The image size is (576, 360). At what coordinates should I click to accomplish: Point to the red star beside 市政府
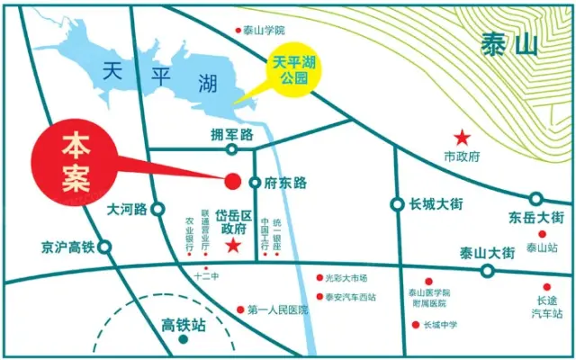click(462, 138)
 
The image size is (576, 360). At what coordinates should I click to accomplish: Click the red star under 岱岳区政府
click(233, 246)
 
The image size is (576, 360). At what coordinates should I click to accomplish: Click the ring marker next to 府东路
click(255, 183)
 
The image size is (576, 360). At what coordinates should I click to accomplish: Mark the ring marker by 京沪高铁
click(104, 246)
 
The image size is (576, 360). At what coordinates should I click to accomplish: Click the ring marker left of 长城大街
click(397, 204)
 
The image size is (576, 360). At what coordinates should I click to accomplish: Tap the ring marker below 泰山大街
click(488, 270)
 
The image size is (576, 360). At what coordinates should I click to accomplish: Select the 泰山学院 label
click(263, 30)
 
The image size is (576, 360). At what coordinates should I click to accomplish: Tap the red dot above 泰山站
click(543, 234)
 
